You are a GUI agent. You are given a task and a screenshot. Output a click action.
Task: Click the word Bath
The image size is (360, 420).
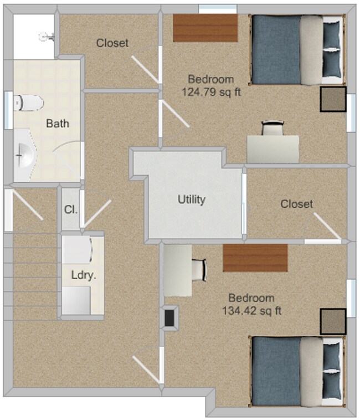click(58, 123)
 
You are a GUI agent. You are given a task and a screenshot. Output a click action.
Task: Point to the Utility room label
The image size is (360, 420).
click(192, 199)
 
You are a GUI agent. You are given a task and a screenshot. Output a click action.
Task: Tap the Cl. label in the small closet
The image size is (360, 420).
click(70, 211)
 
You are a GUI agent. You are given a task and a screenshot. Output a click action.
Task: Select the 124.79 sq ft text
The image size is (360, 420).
click(211, 92)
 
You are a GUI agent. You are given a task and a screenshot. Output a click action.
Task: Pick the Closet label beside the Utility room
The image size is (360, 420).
click(296, 204)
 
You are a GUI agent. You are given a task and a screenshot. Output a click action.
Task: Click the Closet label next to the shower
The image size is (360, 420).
click(112, 43)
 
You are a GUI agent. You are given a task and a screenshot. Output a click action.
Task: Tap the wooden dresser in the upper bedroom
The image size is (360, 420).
click(205, 28)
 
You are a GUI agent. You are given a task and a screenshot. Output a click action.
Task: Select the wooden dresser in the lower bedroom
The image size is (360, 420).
click(255, 258)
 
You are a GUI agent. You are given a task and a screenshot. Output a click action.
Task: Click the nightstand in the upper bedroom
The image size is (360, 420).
click(332, 99)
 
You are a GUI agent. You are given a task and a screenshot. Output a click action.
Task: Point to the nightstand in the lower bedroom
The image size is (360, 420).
click(332, 322)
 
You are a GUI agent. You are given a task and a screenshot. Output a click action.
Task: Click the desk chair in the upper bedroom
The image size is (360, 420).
click(271, 128)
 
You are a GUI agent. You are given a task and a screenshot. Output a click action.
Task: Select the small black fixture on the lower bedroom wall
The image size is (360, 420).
click(169, 318)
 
